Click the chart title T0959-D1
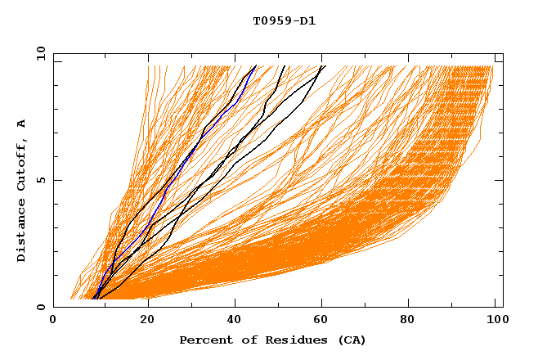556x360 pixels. click(284, 20)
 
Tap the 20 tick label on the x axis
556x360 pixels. click(148, 322)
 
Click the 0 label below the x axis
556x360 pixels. click(53, 322)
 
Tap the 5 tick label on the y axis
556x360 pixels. click(39, 180)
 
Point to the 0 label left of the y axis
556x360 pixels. click(39, 307)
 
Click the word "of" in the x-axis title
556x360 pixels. click(246, 340)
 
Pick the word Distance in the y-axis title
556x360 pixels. click(21, 233)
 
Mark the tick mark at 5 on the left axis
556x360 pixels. click(56, 180)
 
